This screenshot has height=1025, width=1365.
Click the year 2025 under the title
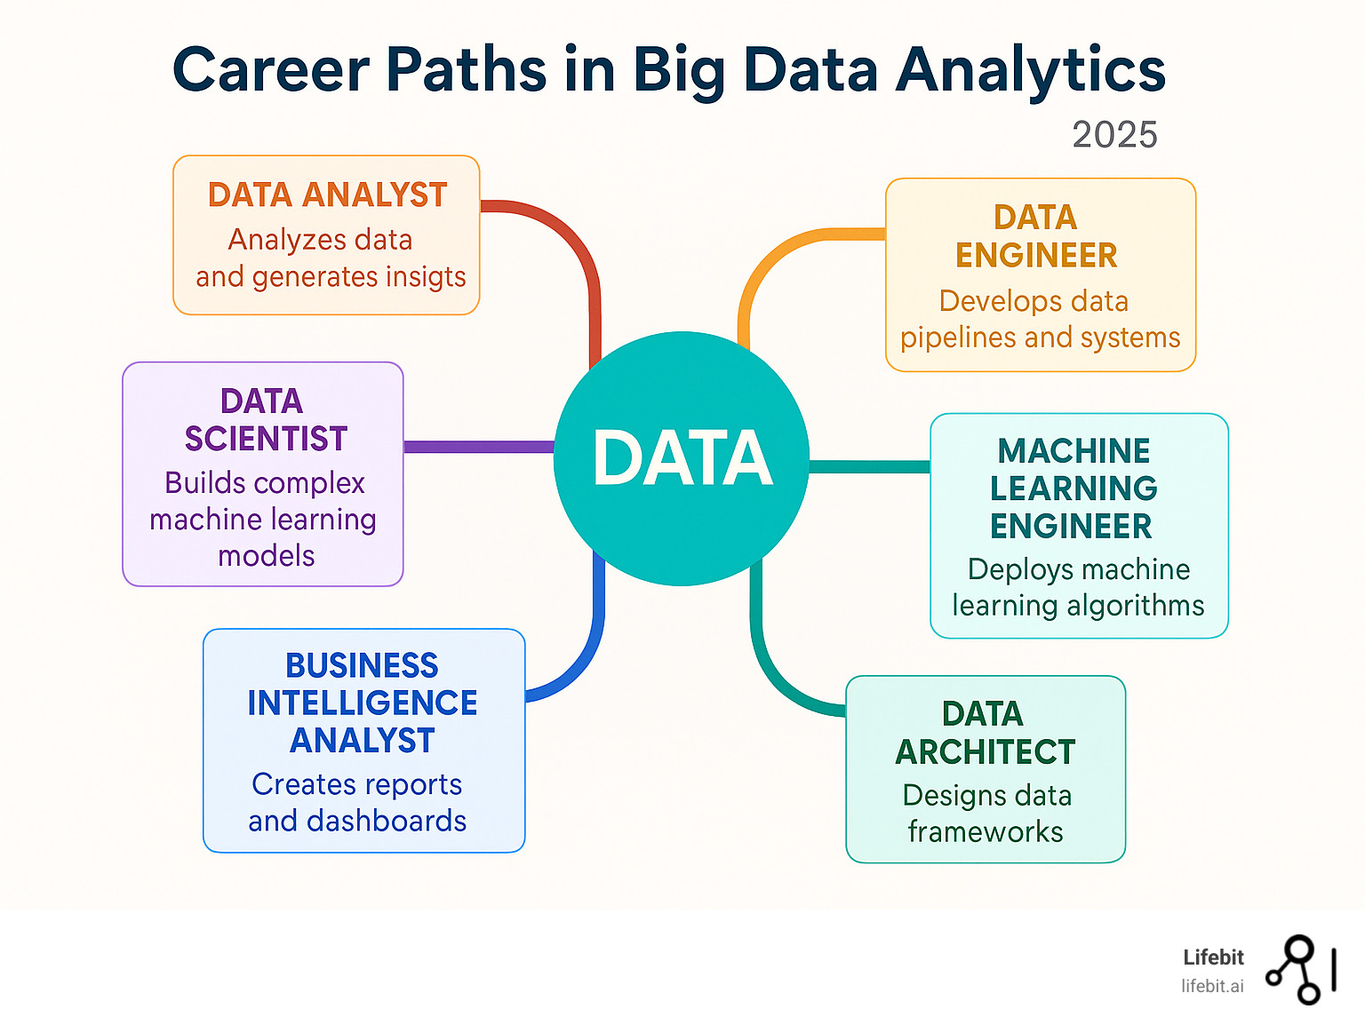pyautogui.click(x=1114, y=134)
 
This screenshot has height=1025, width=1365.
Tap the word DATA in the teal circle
pyautogui.click(x=682, y=457)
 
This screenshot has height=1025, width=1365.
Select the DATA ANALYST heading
pyautogui.click(x=328, y=195)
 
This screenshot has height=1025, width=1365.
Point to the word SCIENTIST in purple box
pyautogui.click(x=266, y=439)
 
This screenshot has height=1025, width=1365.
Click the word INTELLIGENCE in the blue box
pyautogui.click(x=363, y=703)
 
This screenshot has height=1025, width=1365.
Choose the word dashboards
pyautogui.click(x=387, y=821)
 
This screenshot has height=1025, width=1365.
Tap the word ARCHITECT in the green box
pyautogui.click(x=986, y=752)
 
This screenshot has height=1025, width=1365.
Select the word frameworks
pyautogui.click(x=986, y=831)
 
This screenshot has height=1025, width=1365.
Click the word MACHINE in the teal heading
pyautogui.click(x=1074, y=450)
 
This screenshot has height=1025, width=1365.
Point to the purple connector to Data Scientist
pyautogui.click(x=479, y=446)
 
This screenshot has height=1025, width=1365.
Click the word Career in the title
pyautogui.click(x=271, y=69)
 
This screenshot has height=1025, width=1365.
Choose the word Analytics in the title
pyautogui.click(x=1031, y=71)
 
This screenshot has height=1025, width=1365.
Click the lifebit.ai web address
pyautogui.click(x=1212, y=986)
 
